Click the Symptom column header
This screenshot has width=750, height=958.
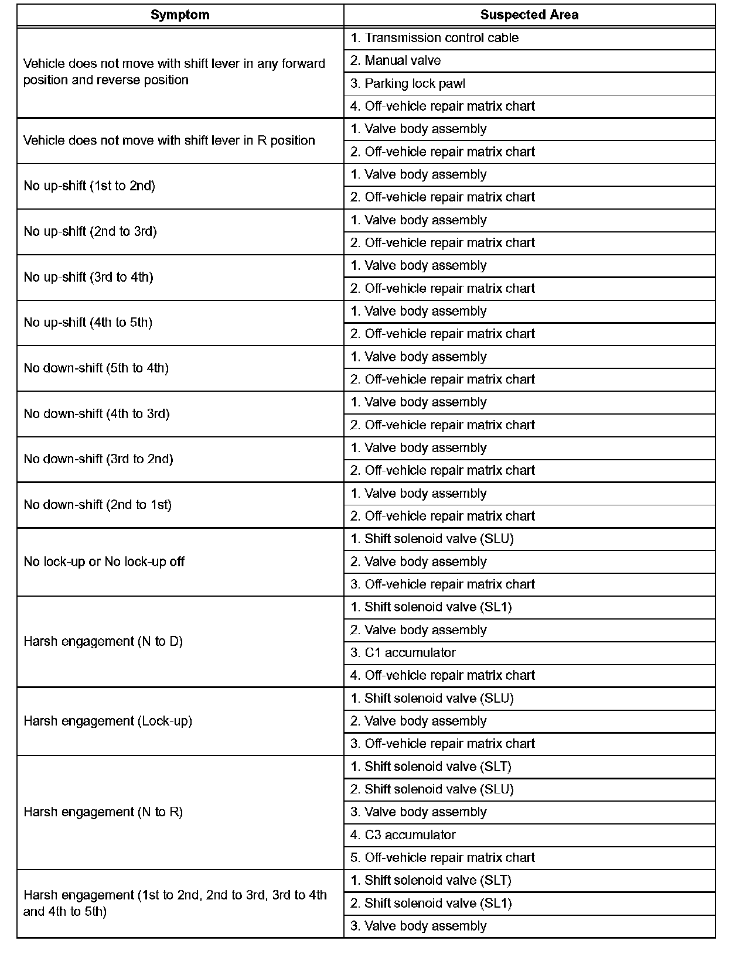180,15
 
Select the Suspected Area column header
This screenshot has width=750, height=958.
529,15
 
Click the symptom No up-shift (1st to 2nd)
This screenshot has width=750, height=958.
90,186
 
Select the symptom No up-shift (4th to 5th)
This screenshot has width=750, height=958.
88,323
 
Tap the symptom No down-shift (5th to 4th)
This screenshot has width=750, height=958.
97,368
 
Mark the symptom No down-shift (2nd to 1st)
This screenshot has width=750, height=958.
98,505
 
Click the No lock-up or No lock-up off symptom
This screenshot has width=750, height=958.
104,562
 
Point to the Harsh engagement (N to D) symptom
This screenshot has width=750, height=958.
103,642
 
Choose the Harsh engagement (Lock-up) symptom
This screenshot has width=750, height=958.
108,721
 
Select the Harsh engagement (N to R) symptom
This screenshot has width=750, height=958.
103,812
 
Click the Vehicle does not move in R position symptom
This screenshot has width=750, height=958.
169,141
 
